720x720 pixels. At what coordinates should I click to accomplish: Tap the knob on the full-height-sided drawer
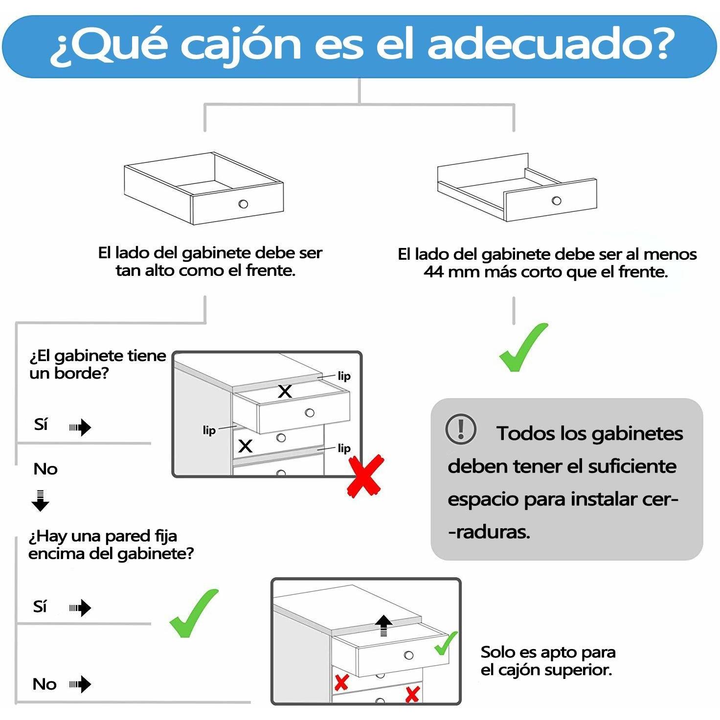[243, 204]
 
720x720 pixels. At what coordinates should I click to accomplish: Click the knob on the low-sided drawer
[557, 200]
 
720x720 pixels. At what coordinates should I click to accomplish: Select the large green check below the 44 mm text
[522, 347]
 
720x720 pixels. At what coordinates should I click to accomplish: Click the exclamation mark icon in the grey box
[461, 429]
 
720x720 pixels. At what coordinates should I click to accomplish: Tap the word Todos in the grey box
[525, 434]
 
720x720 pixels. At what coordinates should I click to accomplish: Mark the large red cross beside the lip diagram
[365, 476]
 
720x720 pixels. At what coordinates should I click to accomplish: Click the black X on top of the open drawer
[285, 392]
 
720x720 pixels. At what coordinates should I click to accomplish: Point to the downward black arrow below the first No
[40, 500]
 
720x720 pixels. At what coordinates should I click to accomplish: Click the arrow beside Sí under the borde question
[80, 427]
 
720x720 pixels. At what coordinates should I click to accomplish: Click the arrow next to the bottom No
[80, 684]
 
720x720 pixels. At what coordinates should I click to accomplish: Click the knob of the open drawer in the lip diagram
[310, 413]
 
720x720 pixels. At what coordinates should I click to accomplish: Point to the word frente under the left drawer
[271, 270]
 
